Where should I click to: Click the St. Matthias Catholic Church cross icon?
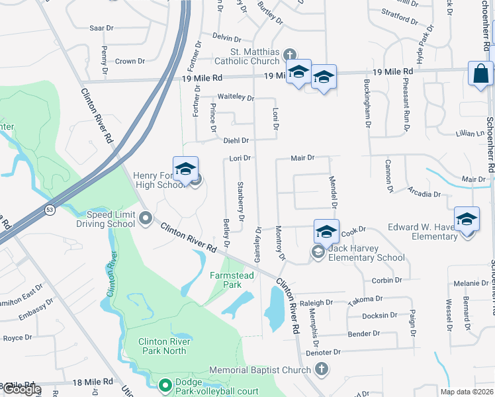pos(289,54)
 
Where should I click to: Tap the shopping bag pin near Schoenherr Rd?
pos(480,73)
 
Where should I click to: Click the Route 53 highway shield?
pos(50,210)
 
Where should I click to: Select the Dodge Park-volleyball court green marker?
pos(164,384)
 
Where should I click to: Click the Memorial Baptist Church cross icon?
pos(321,369)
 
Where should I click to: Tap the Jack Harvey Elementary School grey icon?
pos(318,252)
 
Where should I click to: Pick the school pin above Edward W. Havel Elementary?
pos(467,219)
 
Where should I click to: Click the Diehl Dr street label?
pos(236,140)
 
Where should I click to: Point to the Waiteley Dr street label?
pos(236,97)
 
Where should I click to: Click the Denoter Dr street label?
pos(323,353)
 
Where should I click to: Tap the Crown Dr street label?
pos(130,62)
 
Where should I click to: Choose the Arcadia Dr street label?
pos(426,194)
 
